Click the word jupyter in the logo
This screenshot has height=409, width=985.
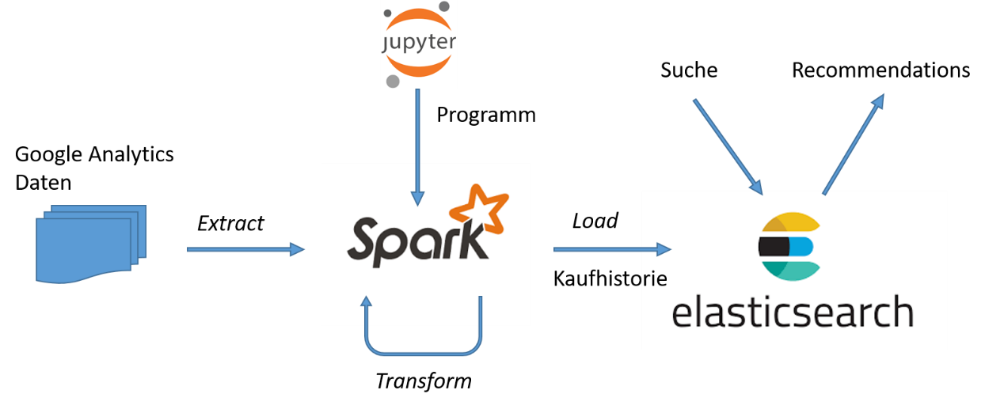click(x=420, y=42)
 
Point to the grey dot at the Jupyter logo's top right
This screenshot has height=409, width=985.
click(x=444, y=6)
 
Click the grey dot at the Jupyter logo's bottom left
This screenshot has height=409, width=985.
click(x=393, y=81)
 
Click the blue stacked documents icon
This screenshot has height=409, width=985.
click(x=90, y=243)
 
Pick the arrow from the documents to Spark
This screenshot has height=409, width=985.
click(x=245, y=250)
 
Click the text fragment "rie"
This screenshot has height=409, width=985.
click(x=655, y=279)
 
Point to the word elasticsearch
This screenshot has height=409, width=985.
click(x=792, y=312)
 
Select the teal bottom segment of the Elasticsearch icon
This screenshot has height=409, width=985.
click(x=792, y=270)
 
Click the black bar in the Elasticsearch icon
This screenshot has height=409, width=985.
click(x=773, y=247)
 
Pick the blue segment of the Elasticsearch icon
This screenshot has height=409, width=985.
click(x=801, y=247)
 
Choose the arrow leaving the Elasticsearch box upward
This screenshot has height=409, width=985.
click(x=854, y=143)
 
